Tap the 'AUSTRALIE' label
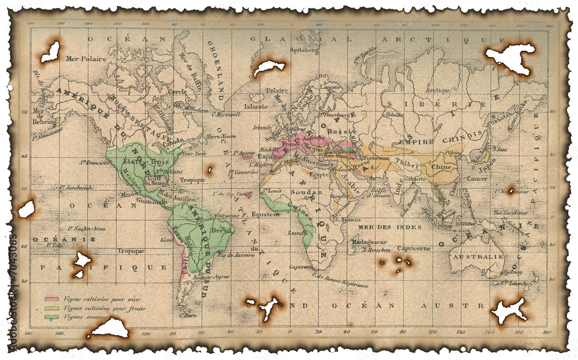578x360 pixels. [x=473, y=256]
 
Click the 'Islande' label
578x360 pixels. [x=256, y=106]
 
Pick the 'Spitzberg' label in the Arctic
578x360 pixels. [x=304, y=50]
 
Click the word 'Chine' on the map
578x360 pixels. [x=442, y=167]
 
